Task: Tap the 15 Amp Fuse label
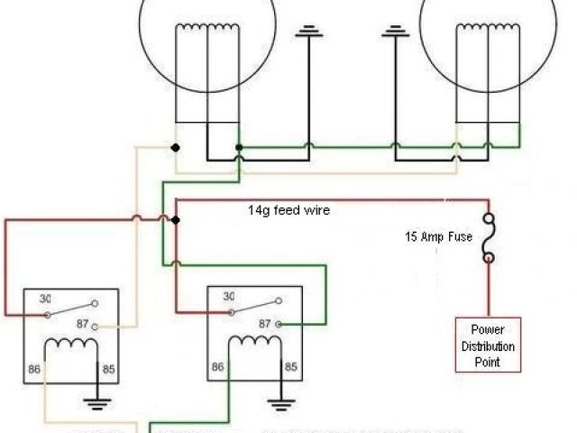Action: [x=437, y=238]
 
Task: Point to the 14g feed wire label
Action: [x=289, y=210]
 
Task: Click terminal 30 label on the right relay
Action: [x=228, y=296]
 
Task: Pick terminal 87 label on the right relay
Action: [x=265, y=323]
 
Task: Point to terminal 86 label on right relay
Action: [x=217, y=367]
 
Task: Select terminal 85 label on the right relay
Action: [x=291, y=367]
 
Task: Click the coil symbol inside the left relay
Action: [x=71, y=345]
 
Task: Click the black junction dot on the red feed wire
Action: [x=176, y=220]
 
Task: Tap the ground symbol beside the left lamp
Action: [x=310, y=34]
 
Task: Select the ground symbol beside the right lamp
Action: [x=392, y=34]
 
